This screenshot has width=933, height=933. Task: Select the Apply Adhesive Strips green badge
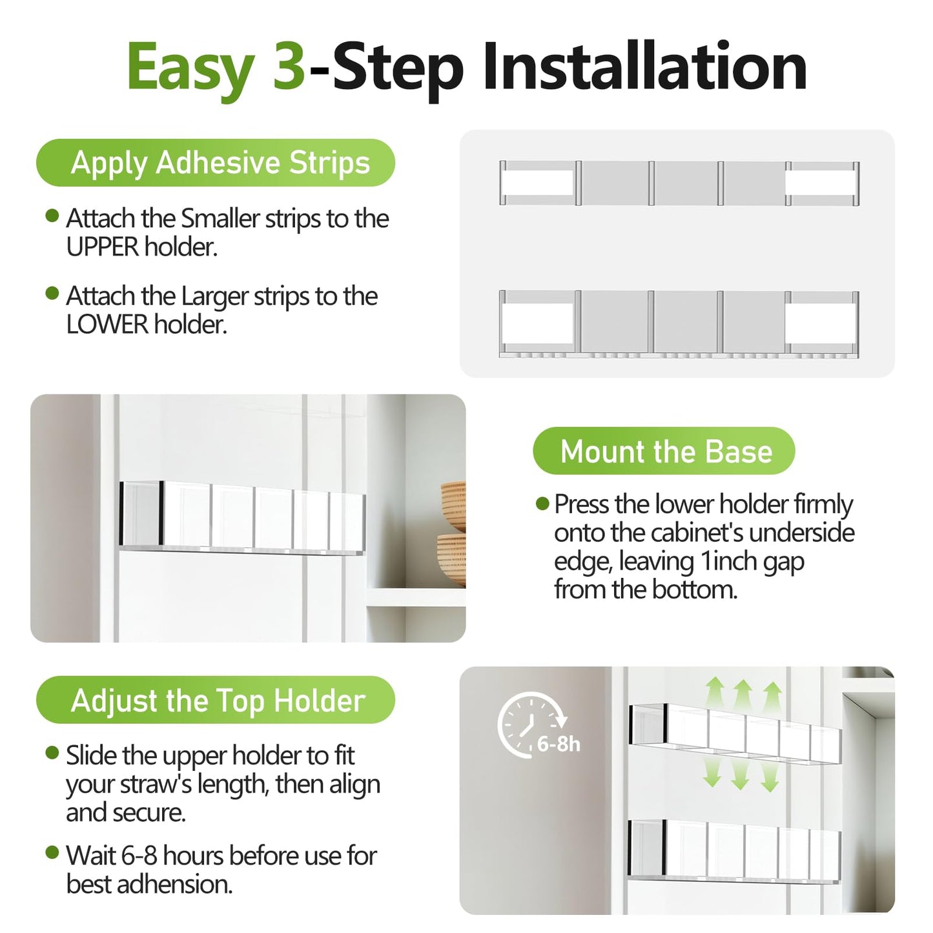pyautogui.click(x=216, y=163)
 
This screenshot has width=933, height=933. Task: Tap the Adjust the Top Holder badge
pyautogui.click(x=216, y=700)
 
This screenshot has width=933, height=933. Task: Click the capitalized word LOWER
pyautogui.click(x=107, y=325)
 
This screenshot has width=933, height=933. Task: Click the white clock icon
pyautogui.click(x=529, y=724)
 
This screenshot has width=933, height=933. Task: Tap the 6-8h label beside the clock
pyautogui.click(x=559, y=744)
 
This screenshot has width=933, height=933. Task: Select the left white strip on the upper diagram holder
pyautogui.click(x=538, y=183)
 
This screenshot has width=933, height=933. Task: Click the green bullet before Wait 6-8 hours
pyautogui.click(x=52, y=853)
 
